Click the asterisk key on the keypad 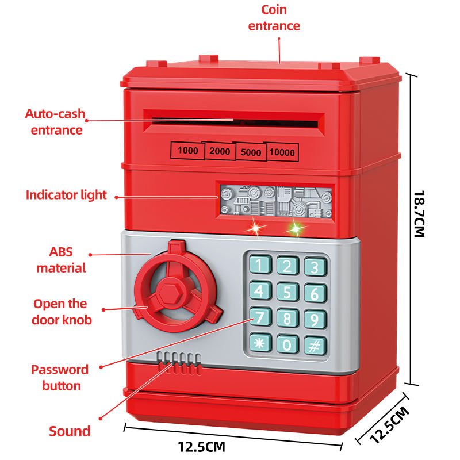(x=259, y=343)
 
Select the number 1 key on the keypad (x=259, y=265)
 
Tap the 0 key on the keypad (x=286, y=344)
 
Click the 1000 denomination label (x=187, y=151)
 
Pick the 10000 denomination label (x=282, y=152)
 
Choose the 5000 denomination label (x=251, y=152)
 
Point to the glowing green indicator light (x=295, y=229)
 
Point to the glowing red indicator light (x=254, y=229)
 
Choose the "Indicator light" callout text (x=66, y=195)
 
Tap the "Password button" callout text (x=60, y=377)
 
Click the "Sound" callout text (x=70, y=431)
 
